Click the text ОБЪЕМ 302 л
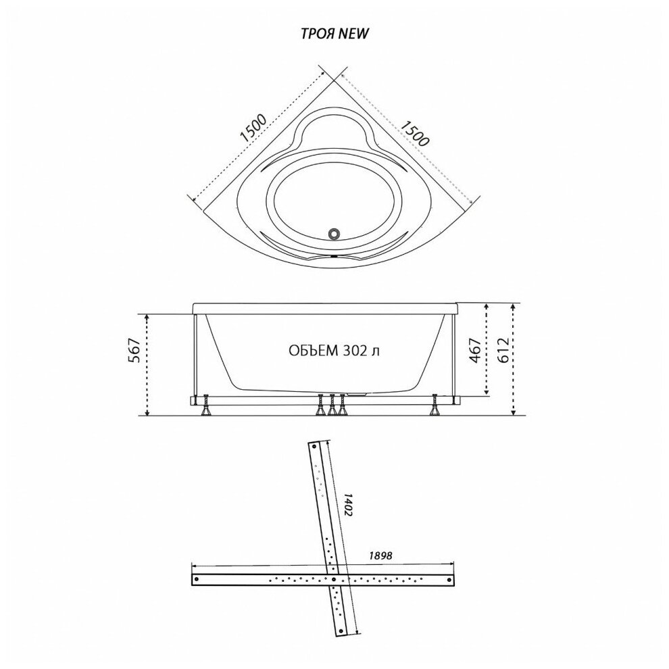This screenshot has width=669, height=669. click(x=331, y=351)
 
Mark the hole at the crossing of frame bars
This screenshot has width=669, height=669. click(x=334, y=579)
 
